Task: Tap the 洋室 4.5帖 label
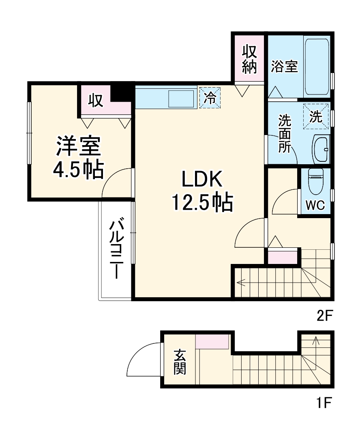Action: point(78,158)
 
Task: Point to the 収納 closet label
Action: point(250,59)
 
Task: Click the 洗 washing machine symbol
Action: point(316,117)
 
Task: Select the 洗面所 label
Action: point(284,134)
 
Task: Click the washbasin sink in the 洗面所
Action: point(321,149)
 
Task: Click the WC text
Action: point(315,206)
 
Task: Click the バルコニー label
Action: point(117,248)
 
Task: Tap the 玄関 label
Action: point(180,362)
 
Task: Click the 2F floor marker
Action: point(324,315)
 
